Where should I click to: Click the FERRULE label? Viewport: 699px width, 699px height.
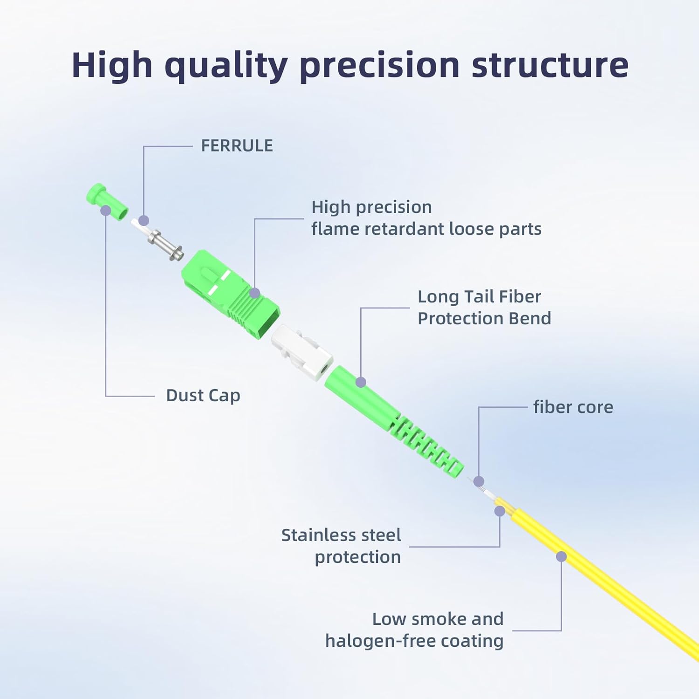(x=237, y=146)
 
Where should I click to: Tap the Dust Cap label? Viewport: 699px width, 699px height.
(x=203, y=396)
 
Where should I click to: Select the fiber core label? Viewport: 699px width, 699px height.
(x=573, y=407)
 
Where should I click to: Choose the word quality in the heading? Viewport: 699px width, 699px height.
(x=226, y=66)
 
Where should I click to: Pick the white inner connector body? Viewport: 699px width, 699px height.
(x=302, y=352)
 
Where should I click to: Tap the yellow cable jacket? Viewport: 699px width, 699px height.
(x=606, y=582)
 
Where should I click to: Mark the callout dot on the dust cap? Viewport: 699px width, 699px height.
(x=106, y=211)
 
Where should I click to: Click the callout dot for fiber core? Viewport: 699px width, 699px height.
(x=479, y=481)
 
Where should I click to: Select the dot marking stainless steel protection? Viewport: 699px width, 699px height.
(x=500, y=511)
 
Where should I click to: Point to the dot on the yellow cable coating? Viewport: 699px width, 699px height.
(x=561, y=556)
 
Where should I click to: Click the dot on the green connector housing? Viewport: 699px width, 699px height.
(x=254, y=293)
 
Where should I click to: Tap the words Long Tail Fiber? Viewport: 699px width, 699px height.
(x=479, y=297)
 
